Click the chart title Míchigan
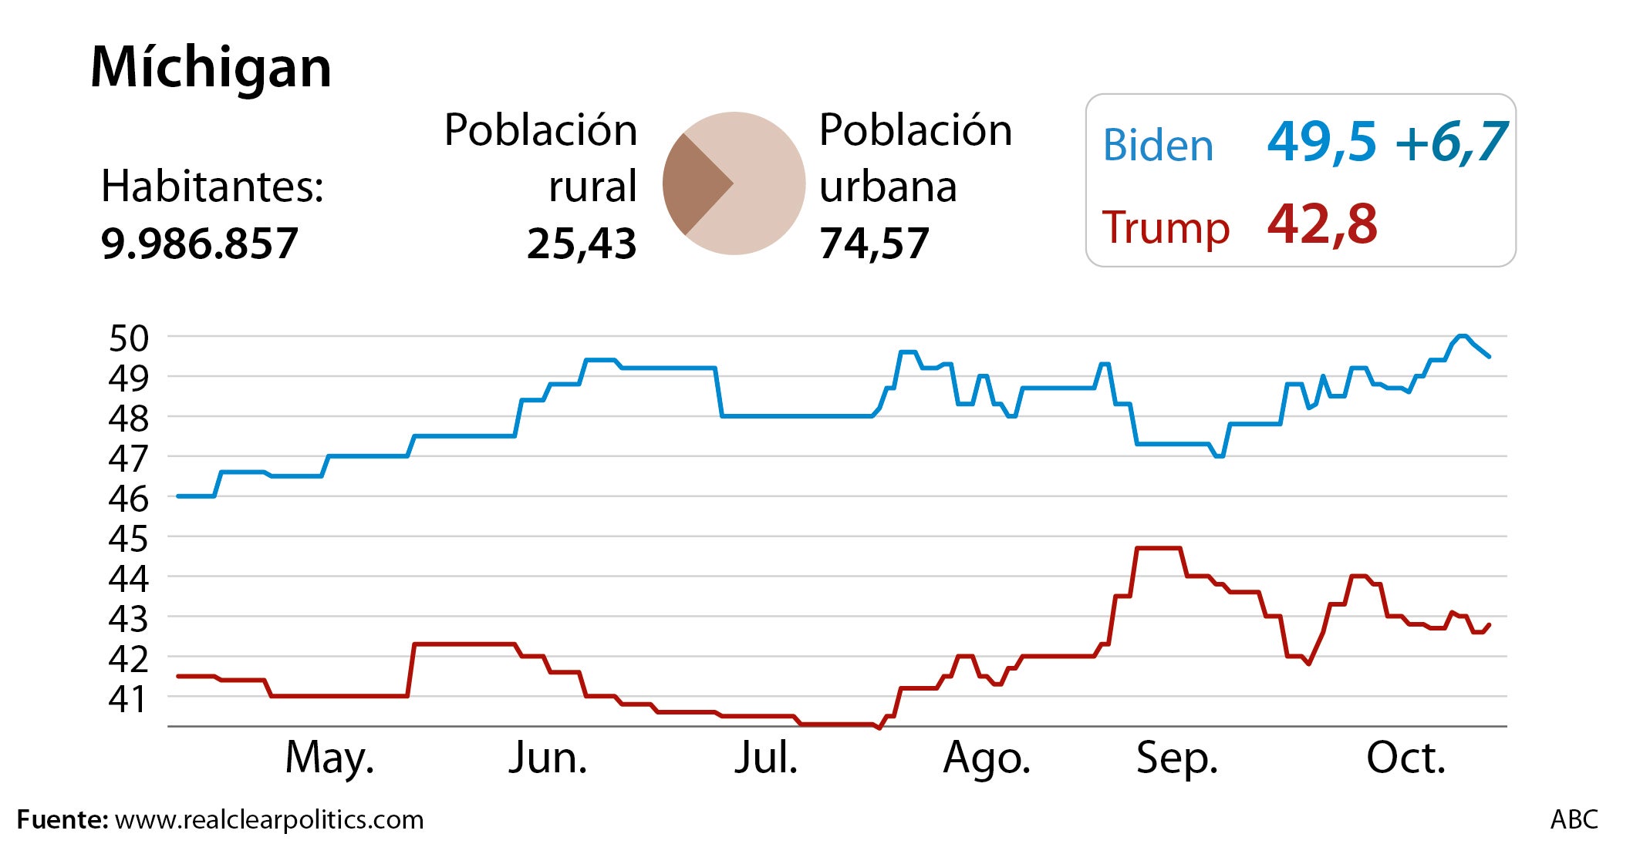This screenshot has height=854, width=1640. tap(211, 68)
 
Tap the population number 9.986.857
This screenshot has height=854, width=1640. tap(199, 244)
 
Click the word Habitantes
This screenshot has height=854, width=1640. tap(212, 187)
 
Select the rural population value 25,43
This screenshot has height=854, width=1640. tap(582, 244)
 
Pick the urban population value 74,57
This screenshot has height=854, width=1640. tap(874, 244)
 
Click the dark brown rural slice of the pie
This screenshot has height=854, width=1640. tap(692, 183)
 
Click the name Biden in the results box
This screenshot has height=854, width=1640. tap(1157, 146)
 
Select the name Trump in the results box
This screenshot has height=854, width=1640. tap(1165, 227)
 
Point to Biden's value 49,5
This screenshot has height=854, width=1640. tap(1321, 142)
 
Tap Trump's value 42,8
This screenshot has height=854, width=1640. tap(1321, 224)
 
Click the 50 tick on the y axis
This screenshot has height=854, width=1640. tap(128, 338)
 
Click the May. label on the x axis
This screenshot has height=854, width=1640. tap(329, 758)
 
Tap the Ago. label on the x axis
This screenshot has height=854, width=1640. tap(987, 758)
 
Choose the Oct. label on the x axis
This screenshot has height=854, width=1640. tap(1405, 758)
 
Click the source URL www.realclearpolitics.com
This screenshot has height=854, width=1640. tap(269, 819)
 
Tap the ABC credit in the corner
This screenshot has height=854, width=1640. tap(1574, 819)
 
